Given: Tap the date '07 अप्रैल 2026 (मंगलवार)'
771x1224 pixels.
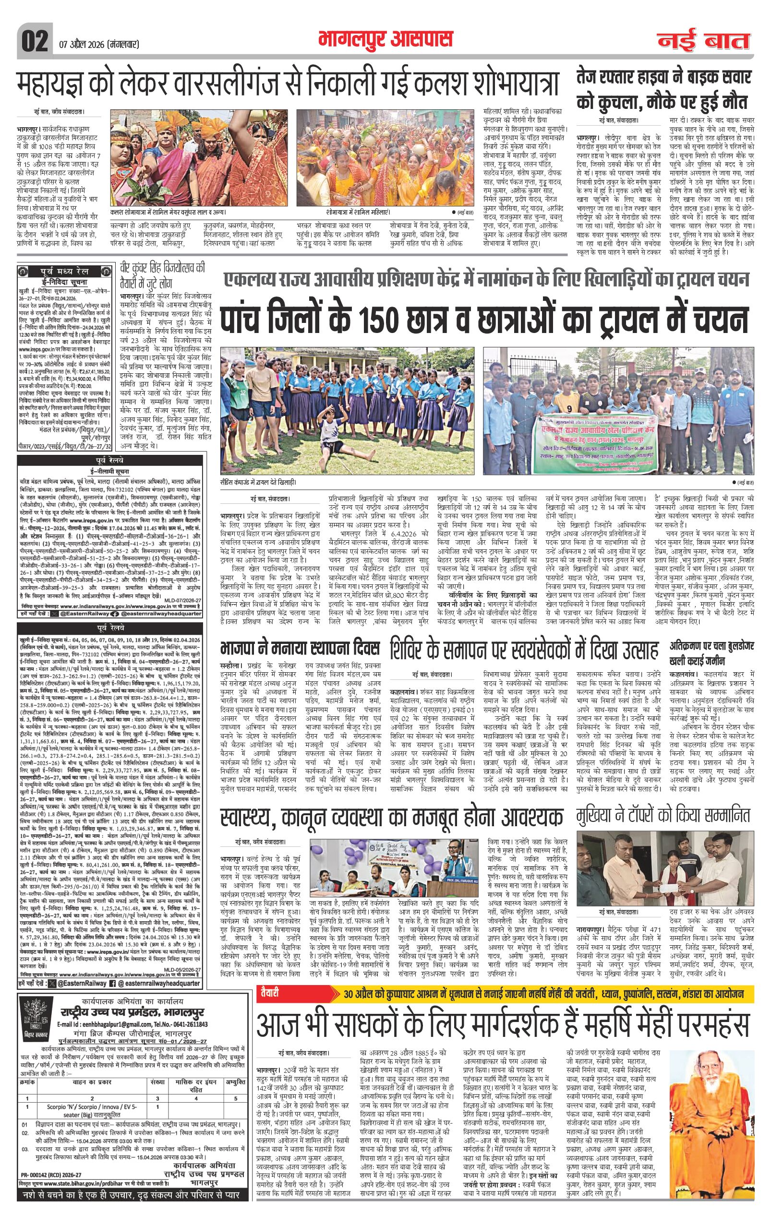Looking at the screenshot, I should (x=96, y=45).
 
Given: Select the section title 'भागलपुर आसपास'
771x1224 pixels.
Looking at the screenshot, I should (x=385, y=40).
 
